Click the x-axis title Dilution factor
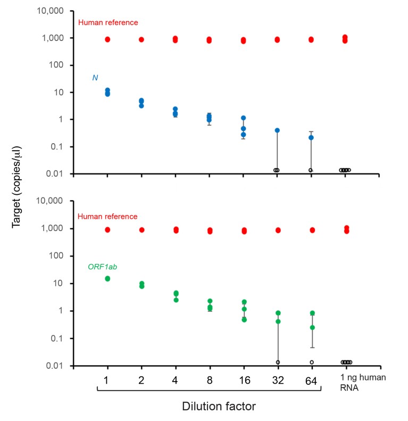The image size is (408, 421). click(211, 407)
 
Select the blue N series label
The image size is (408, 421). click(95, 78)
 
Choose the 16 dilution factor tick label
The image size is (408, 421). click(243, 381)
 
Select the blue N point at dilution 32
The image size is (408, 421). click(277, 130)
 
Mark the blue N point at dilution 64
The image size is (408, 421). click(311, 137)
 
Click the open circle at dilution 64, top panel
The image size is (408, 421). click(311, 170)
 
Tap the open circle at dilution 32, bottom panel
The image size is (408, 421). click(277, 362)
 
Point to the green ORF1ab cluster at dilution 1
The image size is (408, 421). click(107, 278)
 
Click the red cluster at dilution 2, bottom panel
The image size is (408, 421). click(141, 230)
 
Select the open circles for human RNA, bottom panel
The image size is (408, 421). click(346, 362)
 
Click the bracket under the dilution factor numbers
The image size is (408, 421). click(209, 393)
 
